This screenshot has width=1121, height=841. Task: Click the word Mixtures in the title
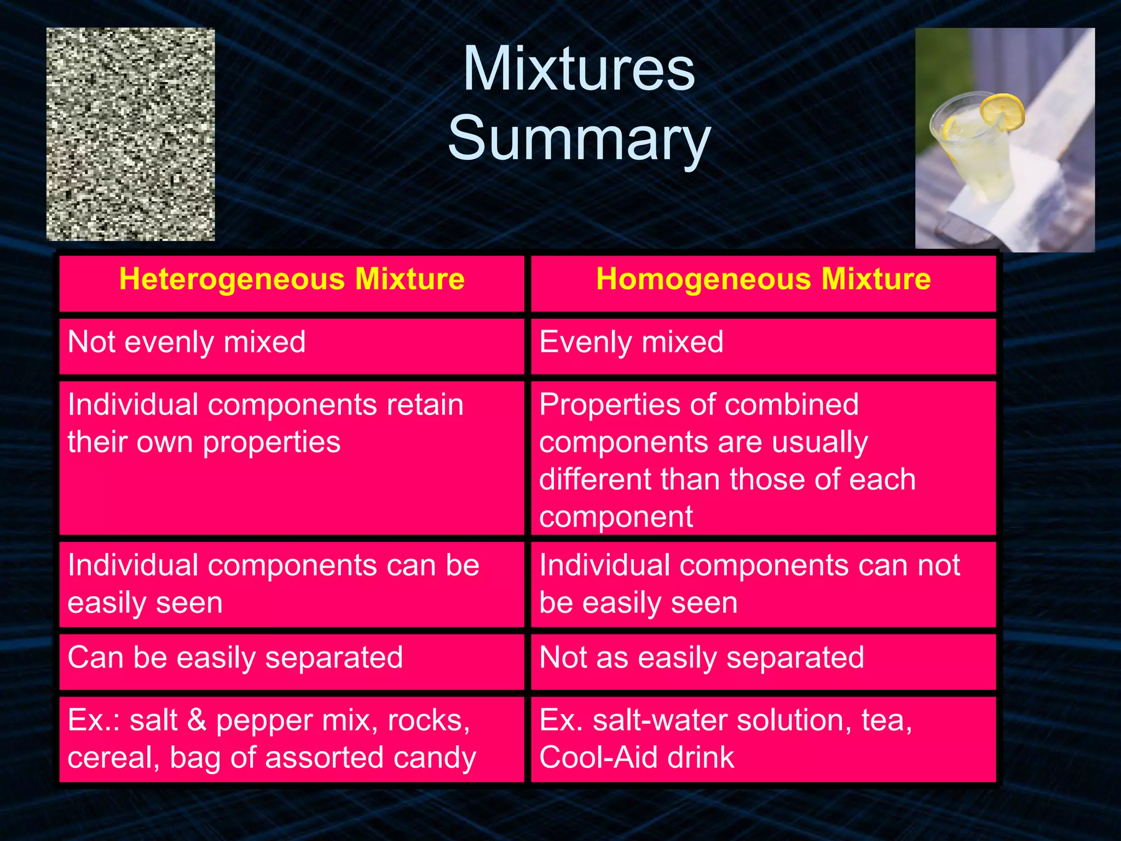coord(579,70)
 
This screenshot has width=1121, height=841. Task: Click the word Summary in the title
coord(579,140)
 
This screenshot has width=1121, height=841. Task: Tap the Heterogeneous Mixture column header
coord(292,279)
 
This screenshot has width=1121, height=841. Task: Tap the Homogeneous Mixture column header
coord(763,279)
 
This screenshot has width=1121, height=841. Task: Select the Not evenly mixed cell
coord(186,343)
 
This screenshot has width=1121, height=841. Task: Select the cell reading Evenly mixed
coord(631,343)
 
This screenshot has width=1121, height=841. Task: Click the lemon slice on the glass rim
coord(1002,113)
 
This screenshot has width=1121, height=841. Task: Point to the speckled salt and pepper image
coord(130,134)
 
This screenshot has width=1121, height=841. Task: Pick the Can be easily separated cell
coord(235,658)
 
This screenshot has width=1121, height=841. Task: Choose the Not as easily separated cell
coord(701,658)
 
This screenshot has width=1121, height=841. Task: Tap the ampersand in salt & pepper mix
coord(197,720)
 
